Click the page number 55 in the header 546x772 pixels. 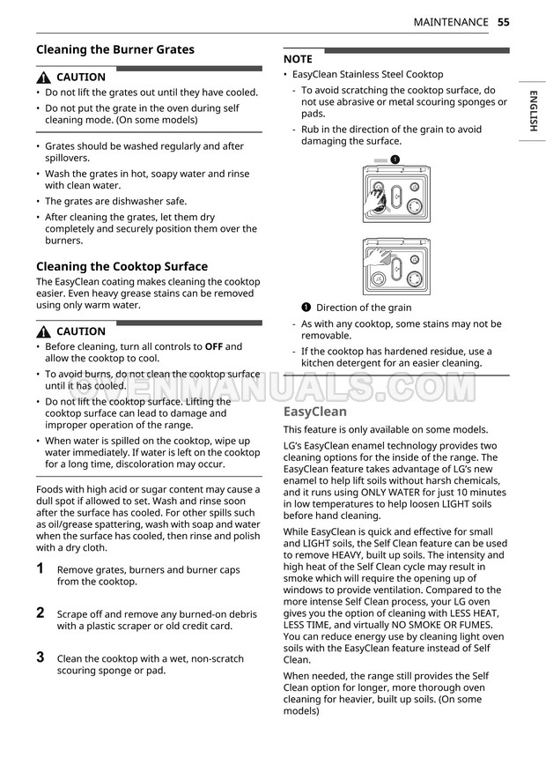click(503, 22)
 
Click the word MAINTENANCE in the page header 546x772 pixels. click(451, 22)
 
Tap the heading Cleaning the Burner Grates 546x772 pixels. click(115, 50)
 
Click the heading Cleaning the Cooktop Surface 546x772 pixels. click(122, 266)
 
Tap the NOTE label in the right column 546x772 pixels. click(298, 59)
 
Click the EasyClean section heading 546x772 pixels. click(315, 412)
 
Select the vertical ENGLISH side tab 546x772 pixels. click(533, 111)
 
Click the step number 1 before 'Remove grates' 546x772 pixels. click(41, 569)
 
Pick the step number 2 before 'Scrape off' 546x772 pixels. click(41, 612)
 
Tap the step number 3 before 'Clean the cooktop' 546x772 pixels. click(41, 657)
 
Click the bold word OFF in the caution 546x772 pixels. click(214, 346)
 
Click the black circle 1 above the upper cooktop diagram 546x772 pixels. click(395, 160)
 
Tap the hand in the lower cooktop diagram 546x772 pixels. click(380, 257)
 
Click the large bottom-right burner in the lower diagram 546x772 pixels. click(412, 278)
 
